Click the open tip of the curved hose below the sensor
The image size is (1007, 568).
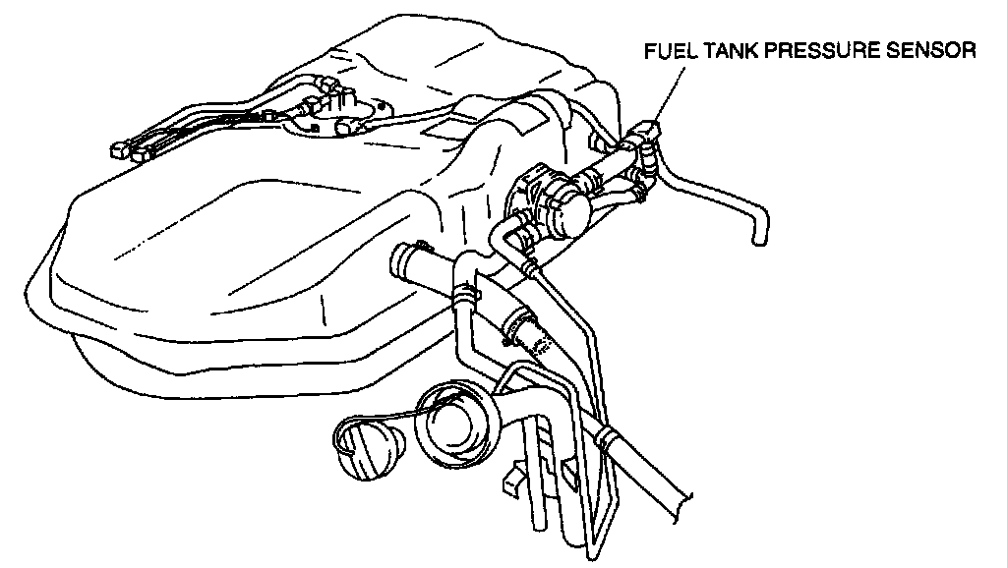click(x=757, y=236)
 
